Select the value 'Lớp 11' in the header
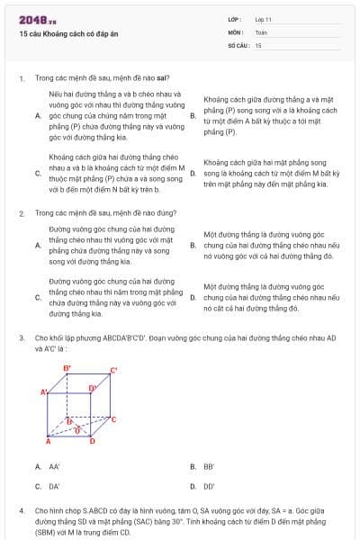click(x=263, y=19)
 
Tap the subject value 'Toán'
click(x=260, y=31)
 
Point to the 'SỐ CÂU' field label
click(x=238, y=44)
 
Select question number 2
click(x=21, y=213)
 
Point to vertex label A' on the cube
click(x=43, y=392)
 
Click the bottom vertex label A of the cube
click(x=48, y=442)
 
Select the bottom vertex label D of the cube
click(x=92, y=442)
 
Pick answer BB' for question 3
click(x=208, y=466)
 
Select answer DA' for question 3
click(x=54, y=486)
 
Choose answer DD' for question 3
click(x=209, y=486)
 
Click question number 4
click(x=21, y=510)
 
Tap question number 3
click(x=21, y=338)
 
